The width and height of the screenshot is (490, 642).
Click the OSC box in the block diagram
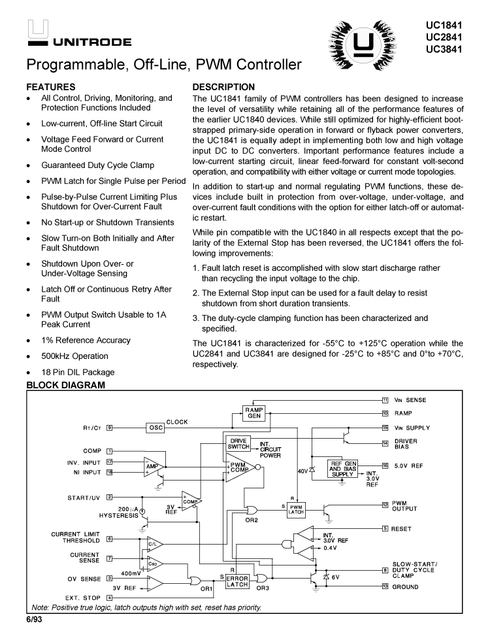pos(155,428)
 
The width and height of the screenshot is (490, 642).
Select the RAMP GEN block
pos(254,413)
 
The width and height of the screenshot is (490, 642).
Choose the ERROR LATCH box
pos(237,581)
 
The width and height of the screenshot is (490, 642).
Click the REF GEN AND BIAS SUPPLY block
pos(345,468)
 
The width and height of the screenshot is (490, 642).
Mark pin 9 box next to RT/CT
pos(110,428)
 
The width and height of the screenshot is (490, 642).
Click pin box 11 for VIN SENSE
pos(385,399)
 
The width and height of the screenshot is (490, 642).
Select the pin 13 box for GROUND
pos(385,586)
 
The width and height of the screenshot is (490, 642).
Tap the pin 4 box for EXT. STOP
pos(110,597)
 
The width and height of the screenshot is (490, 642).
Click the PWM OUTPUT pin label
pos(406,506)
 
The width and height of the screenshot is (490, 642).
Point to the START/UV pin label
pos(84,497)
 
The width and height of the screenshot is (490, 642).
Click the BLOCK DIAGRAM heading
pos(65,385)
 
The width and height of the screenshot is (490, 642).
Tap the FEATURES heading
pos(50,86)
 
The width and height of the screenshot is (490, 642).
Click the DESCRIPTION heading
pos(223,86)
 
